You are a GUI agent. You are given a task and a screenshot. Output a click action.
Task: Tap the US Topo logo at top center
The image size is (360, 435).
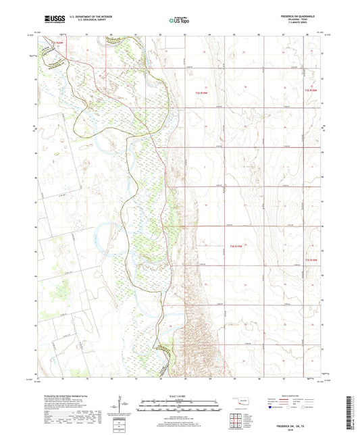click(179, 20)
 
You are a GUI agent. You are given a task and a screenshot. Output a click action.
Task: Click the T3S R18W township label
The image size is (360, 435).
click(310, 259)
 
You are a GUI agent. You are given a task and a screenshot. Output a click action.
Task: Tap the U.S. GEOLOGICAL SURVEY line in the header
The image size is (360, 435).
click(84, 20)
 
